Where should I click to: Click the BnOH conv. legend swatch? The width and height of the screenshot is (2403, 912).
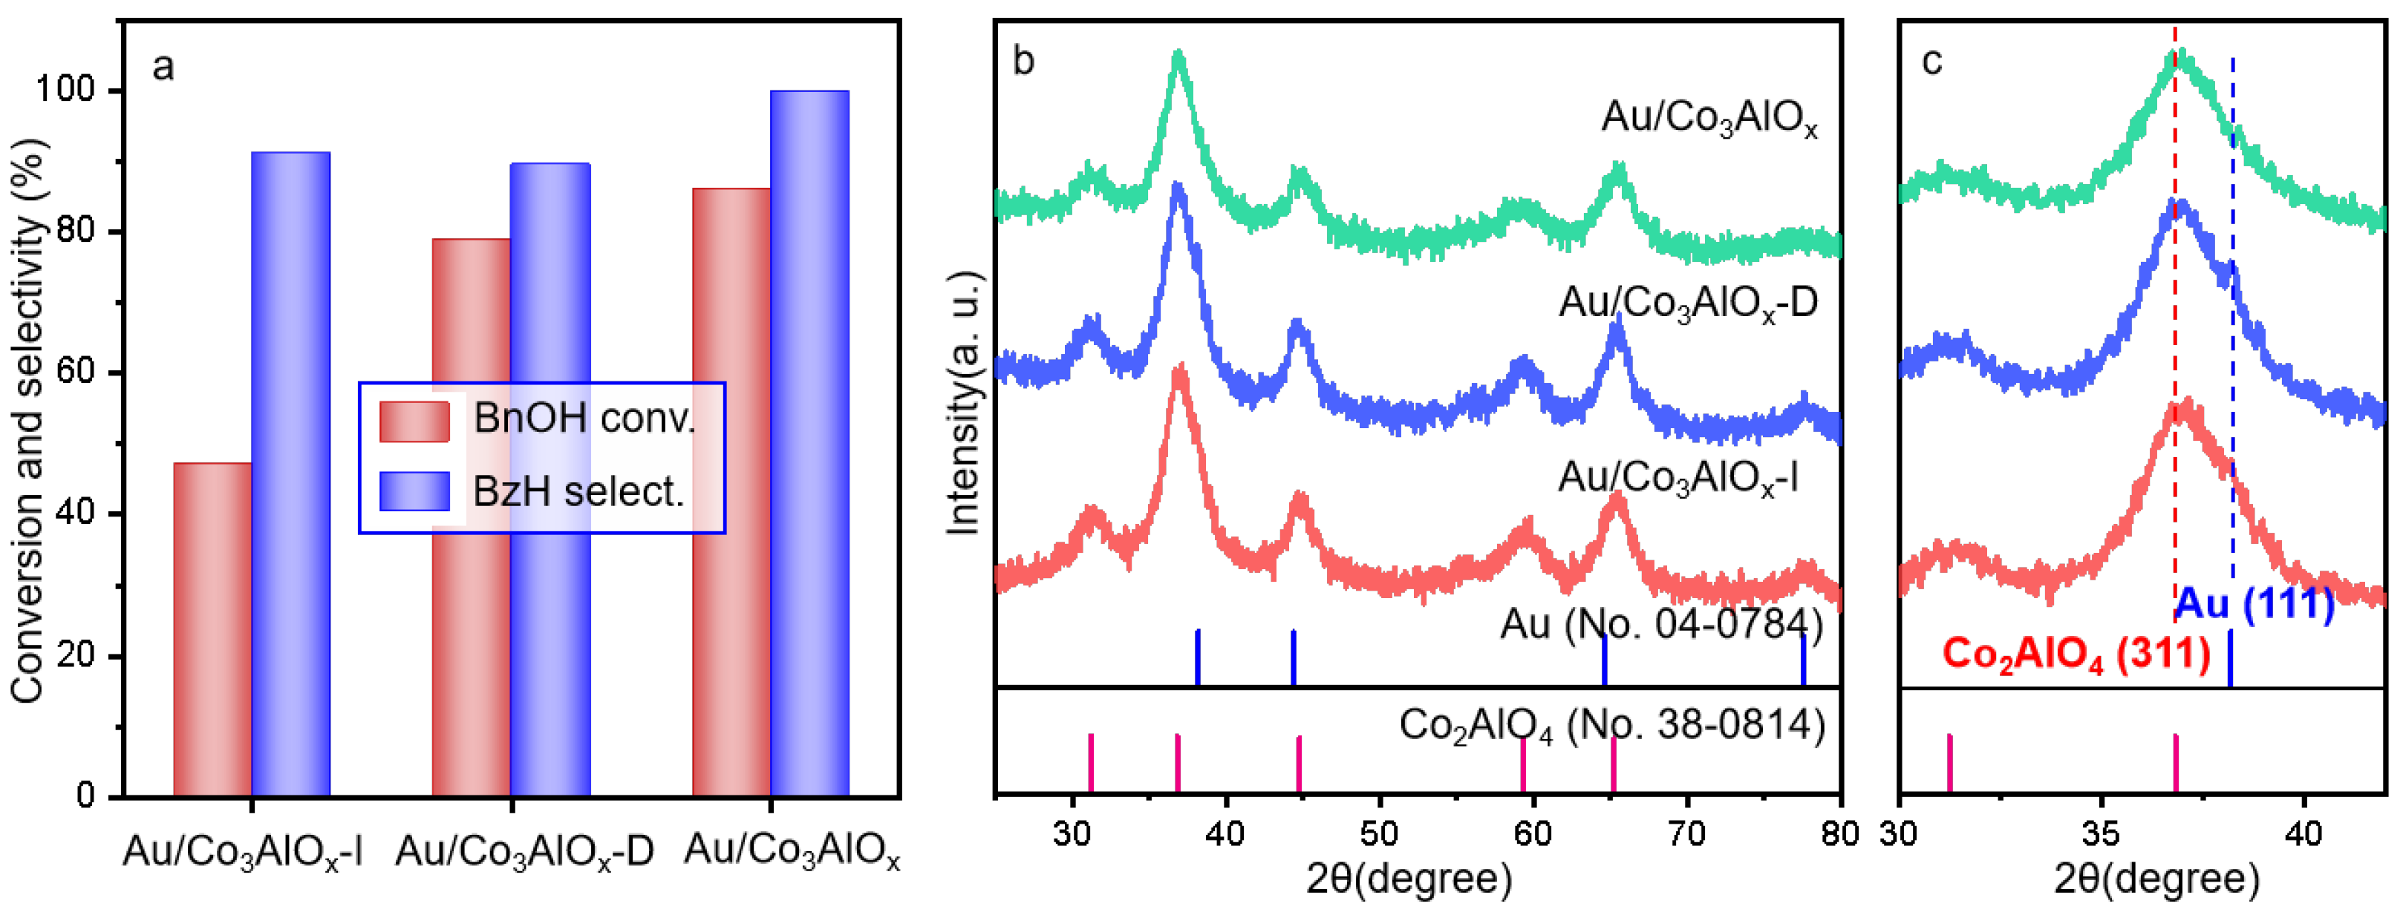[414, 421]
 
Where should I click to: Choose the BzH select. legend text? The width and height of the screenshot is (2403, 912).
[578, 491]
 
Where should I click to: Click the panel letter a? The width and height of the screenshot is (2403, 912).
[163, 67]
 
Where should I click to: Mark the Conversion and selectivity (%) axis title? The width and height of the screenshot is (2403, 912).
[28, 419]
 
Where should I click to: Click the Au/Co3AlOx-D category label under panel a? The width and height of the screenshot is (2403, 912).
[524, 851]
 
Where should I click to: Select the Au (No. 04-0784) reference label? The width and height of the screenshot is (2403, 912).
[1660, 623]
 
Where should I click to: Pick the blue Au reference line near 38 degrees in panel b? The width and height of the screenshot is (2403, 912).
[1197, 657]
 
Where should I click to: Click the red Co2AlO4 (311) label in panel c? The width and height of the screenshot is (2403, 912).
[2076, 654]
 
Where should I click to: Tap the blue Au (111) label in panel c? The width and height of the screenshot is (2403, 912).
[2254, 604]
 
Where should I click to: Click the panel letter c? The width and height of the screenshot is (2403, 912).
[1932, 62]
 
